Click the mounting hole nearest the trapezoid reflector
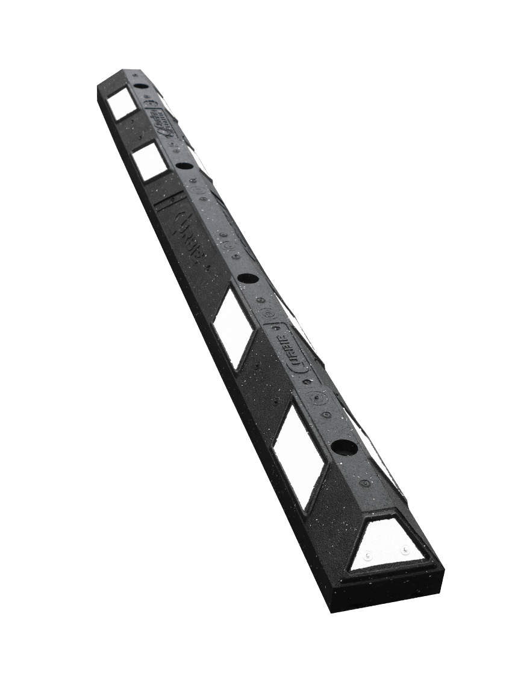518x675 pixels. click(344, 448)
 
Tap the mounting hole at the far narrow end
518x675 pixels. click(140, 87)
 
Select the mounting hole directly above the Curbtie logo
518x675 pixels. click(247, 279)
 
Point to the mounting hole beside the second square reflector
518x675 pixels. click(184, 165)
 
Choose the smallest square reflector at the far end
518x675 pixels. click(122, 104)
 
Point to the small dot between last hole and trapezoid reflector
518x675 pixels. click(364, 483)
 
